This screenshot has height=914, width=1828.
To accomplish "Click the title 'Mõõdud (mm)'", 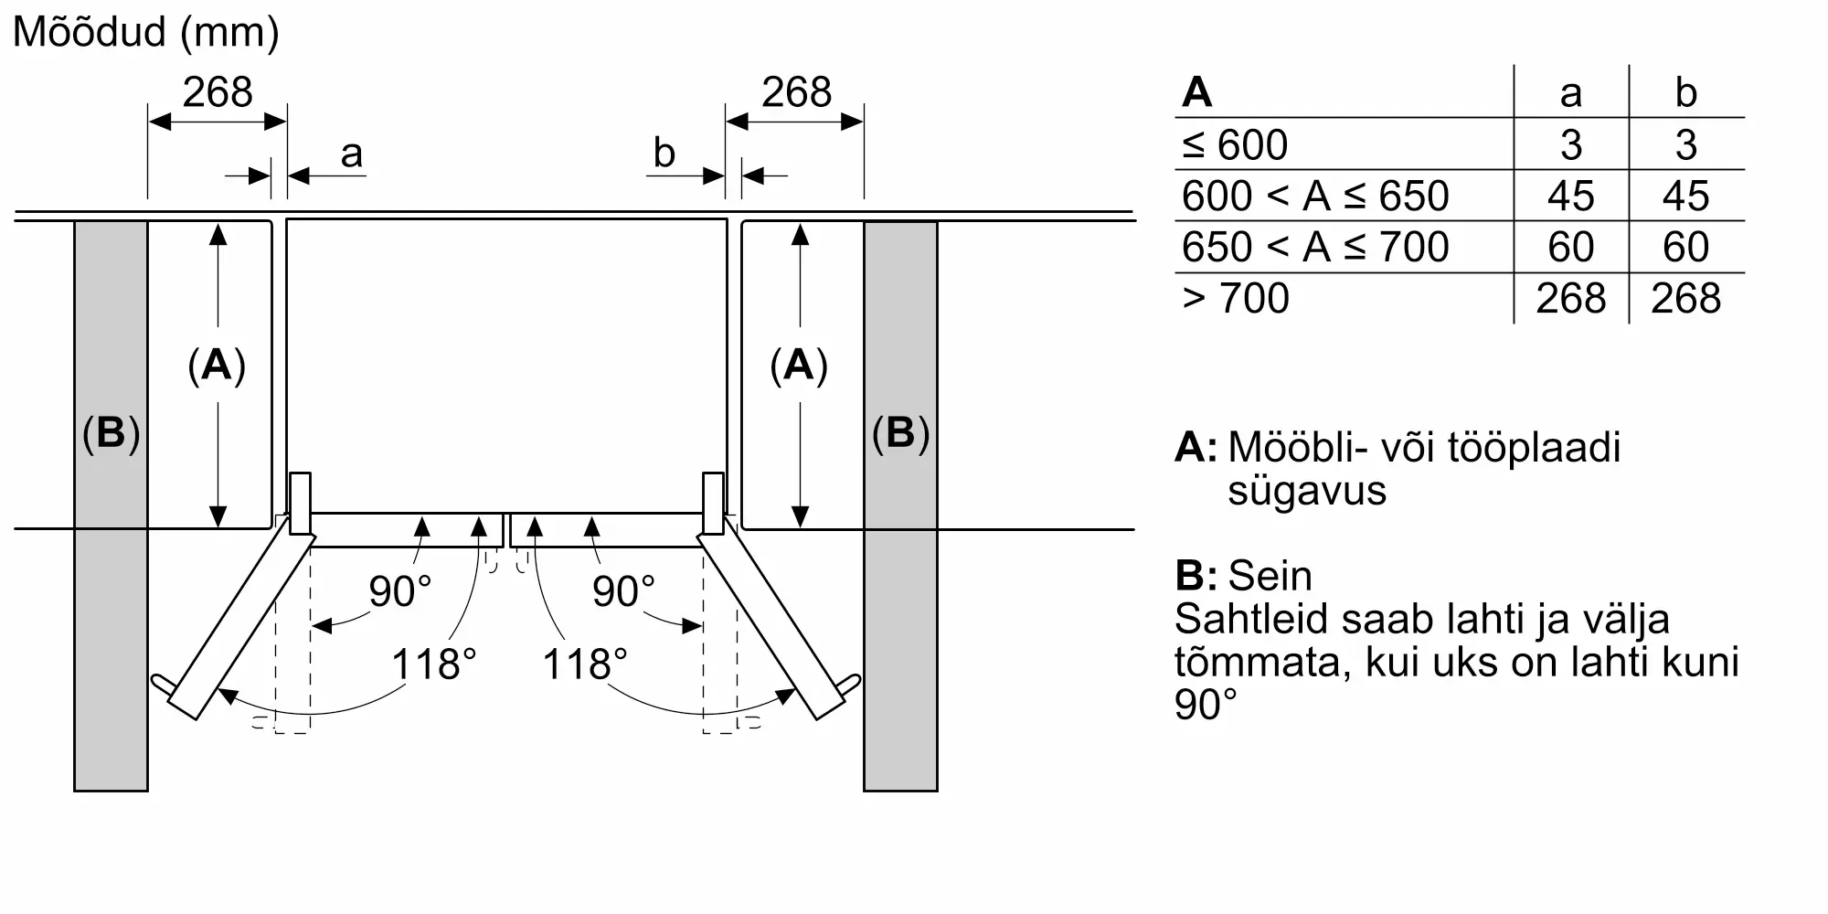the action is [x=146, y=33].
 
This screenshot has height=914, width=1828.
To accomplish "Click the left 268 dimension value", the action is [x=218, y=92].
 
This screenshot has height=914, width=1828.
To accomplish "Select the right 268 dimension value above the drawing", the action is [x=797, y=92].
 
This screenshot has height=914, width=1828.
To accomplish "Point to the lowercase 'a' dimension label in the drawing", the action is [x=352, y=154].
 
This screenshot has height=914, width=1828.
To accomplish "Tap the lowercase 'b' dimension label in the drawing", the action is [x=664, y=153].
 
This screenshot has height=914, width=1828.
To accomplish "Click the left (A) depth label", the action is [x=217, y=365].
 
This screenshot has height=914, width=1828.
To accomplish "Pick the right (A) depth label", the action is [x=799, y=365].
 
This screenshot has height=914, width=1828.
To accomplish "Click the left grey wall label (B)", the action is [x=111, y=432].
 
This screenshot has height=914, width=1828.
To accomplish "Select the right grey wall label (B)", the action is [x=900, y=432].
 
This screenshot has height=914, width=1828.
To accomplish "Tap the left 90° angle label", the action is [x=399, y=590].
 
